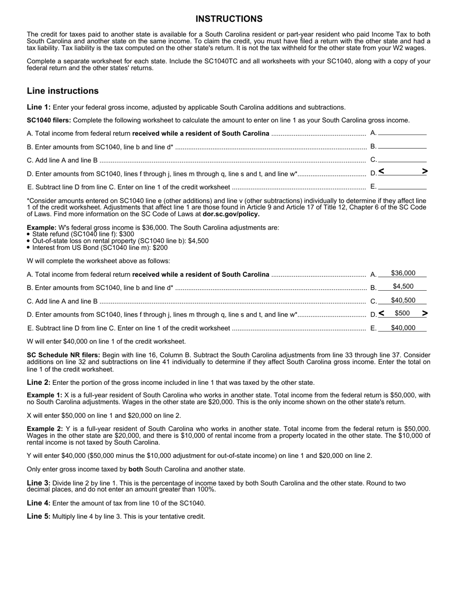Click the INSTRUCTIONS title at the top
click(228, 19)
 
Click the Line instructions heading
click(63, 91)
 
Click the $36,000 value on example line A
click(403, 273)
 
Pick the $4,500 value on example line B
click(403, 287)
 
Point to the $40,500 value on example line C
click(403, 300)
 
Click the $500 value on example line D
click(402, 313)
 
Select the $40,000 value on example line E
click(403, 328)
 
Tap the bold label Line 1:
click(38, 107)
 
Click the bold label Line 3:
click(38, 483)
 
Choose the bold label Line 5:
click(38, 517)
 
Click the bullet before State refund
click(29, 234)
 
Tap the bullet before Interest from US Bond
click(29, 248)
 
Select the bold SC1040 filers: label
click(49, 120)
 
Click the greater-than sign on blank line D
click(424, 172)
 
